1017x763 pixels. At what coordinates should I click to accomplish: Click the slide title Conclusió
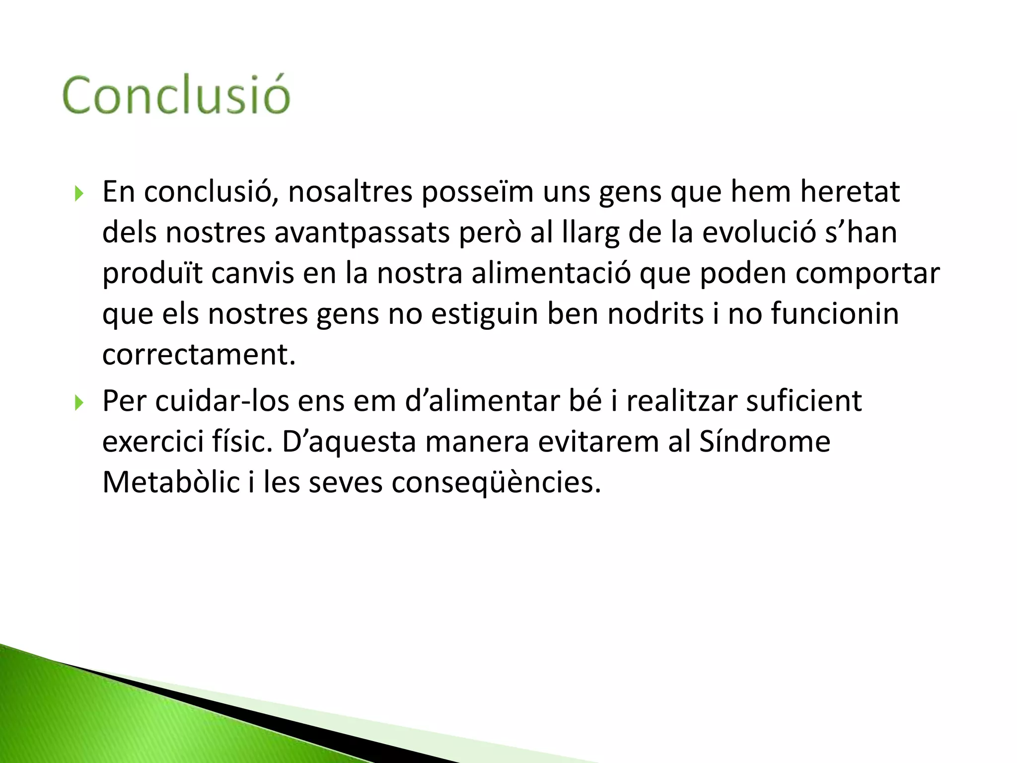click(176, 95)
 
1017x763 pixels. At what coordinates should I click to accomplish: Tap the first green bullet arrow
click(79, 193)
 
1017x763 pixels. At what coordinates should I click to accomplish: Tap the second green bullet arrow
click(79, 402)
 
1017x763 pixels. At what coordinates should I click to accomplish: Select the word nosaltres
click(350, 192)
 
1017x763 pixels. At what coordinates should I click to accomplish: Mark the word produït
click(152, 274)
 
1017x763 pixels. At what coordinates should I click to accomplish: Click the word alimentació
click(551, 273)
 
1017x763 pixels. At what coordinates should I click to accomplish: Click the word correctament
click(199, 355)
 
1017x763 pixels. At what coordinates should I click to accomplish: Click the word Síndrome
click(765, 442)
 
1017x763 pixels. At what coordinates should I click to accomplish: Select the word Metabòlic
click(171, 482)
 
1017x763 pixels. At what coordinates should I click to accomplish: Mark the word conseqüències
click(496, 483)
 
